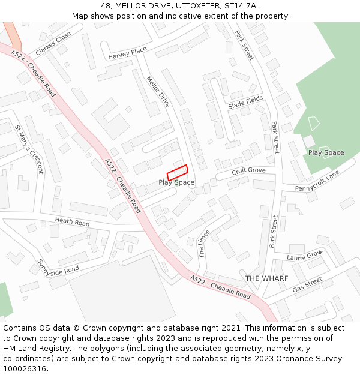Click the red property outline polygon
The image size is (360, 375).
[x=178, y=172]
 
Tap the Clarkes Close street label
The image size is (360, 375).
[x=53, y=44]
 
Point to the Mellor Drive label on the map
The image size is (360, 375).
[x=158, y=91]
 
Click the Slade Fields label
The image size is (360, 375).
[x=245, y=103]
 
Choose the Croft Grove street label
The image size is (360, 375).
[x=248, y=170]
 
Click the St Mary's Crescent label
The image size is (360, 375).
[x=29, y=149]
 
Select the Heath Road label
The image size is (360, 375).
[x=72, y=222]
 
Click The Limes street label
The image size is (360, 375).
[x=204, y=244]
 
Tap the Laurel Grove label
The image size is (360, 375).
[x=305, y=256]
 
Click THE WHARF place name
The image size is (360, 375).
[x=266, y=278]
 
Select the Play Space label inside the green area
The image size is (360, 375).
[x=326, y=152]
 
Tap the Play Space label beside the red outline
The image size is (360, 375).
[x=176, y=182]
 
